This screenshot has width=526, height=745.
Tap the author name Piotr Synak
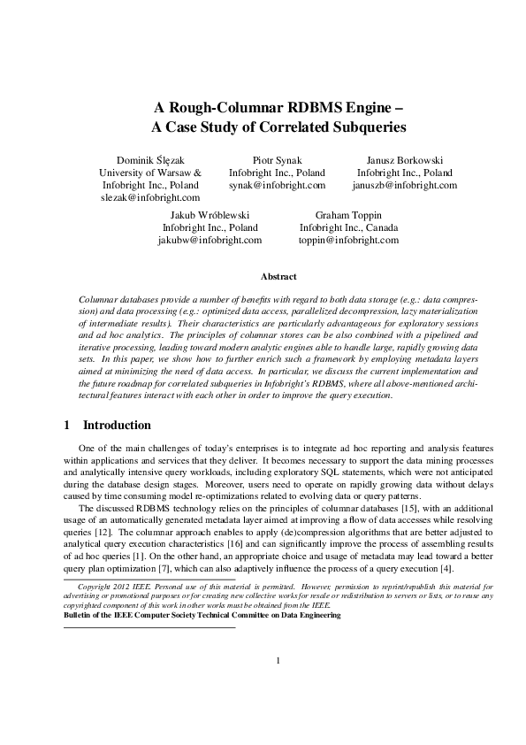coord(277,159)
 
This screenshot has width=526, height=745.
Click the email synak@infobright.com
coord(277,186)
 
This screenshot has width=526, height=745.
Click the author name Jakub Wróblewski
coord(210,214)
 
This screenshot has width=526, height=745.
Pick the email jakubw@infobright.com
coord(210,240)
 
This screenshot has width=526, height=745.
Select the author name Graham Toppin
coord(348,214)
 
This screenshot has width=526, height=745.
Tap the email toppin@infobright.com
coord(348,240)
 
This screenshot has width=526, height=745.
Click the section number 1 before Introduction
coord(67,425)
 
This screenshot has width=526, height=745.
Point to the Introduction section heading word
coord(117,425)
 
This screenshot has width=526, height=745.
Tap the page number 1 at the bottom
coord(278,684)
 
